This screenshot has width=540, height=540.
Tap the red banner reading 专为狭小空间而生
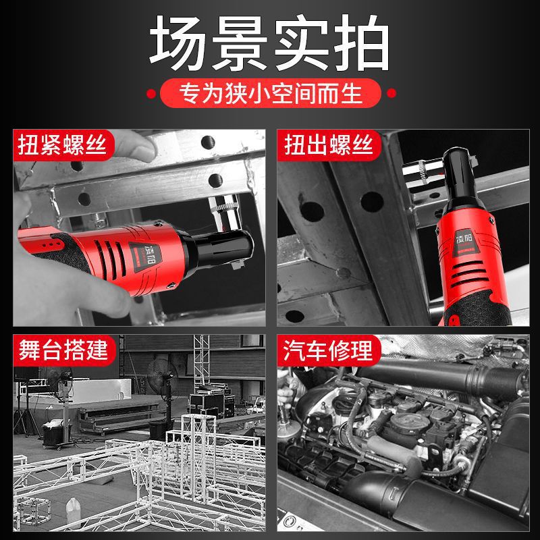click(x=270, y=92)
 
